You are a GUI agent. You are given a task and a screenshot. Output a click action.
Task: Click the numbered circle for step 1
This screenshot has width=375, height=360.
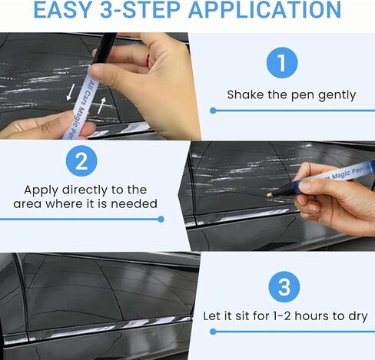[282, 63]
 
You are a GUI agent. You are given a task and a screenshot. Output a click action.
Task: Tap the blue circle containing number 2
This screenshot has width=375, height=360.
[81, 161]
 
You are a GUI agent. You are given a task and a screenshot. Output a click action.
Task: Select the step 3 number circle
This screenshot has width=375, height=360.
[284, 287]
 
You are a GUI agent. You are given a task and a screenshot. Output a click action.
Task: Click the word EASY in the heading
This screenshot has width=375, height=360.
[63, 10]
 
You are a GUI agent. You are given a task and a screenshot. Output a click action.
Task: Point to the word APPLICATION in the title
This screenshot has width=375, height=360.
[265, 10]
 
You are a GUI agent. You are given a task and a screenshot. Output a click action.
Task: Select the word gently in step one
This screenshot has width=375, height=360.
[337, 95]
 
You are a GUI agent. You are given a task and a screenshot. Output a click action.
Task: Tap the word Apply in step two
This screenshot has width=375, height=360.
[41, 190]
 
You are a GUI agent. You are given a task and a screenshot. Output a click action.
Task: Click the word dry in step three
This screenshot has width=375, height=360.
[358, 317]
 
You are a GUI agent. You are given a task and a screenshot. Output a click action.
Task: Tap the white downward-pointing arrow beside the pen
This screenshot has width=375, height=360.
[71, 91]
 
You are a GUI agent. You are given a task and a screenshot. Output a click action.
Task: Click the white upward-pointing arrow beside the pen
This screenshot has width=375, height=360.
[101, 105]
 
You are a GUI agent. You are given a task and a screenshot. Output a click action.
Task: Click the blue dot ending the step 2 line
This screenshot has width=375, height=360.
[161, 220]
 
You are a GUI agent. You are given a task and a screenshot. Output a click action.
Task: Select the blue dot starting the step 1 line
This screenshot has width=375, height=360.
[213, 111]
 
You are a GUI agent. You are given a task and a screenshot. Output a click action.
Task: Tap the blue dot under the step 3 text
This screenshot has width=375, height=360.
[213, 332]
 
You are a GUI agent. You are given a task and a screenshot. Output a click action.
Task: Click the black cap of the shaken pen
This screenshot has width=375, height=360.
[105, 48]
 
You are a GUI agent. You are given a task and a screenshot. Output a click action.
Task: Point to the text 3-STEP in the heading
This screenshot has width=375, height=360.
[140, 10]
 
